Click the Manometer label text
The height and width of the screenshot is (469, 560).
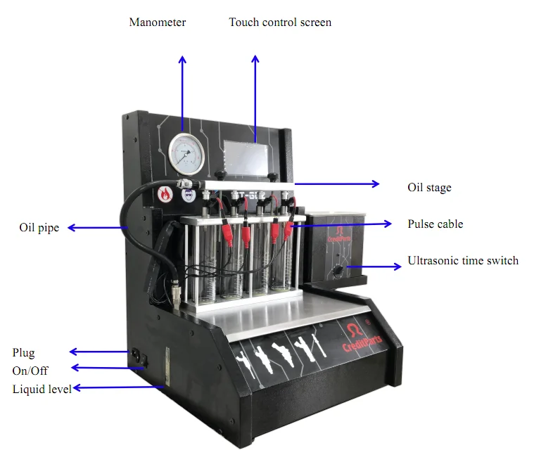(158, 23)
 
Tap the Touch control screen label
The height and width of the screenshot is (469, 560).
(280, 23)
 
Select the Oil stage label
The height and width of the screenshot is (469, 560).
(429, 188)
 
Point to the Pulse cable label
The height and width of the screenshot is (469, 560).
(435, 224)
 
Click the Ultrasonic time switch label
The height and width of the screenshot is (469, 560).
(463, 261)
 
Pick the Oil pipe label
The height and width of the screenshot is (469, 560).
(39, 228)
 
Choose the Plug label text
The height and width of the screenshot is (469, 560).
(24, 353)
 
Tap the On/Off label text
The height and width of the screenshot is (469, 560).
(30, 371)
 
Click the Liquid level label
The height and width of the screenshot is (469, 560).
(42, 389)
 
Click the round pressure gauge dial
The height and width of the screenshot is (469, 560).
(186, 153)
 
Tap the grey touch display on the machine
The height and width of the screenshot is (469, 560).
(246, 158)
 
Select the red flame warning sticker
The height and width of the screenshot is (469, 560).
(165, 195)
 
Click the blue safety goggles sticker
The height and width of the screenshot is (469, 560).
(189, 195)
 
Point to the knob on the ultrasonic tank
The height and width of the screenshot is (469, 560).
(338, 271)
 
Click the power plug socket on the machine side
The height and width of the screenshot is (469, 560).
(134, 354)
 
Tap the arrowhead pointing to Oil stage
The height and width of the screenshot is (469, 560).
(376, 184)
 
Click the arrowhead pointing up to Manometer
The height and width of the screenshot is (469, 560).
(182, 60)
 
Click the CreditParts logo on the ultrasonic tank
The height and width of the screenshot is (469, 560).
(338, 233)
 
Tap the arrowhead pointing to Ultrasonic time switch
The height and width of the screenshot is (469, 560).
(397, 266)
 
